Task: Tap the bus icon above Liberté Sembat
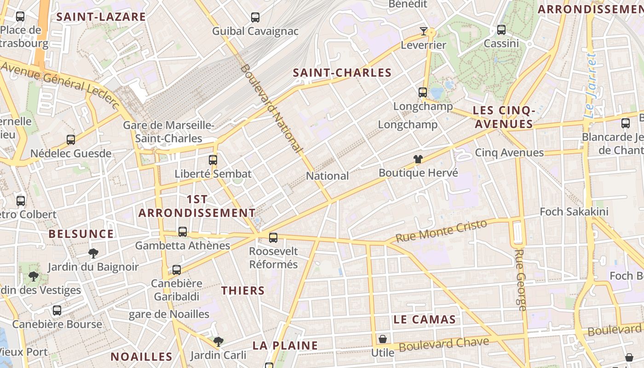point(213,160)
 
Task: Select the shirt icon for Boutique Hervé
point(418,160)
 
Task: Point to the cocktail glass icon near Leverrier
point(424,31)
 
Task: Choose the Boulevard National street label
point(271,108)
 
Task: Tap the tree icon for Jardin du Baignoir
point(93,253)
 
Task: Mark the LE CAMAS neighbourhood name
point(425,320)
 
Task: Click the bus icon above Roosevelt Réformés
point(273,238)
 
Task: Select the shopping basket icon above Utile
point(383,339)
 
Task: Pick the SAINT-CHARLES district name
point(342,73)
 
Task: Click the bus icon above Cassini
point(501,30)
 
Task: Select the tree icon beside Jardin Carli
point(218,341)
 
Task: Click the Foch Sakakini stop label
point(574,212)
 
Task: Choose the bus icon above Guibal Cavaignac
point(255,17)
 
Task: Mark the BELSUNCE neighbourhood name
point(81,234)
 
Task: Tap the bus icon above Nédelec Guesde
point(71,139)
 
